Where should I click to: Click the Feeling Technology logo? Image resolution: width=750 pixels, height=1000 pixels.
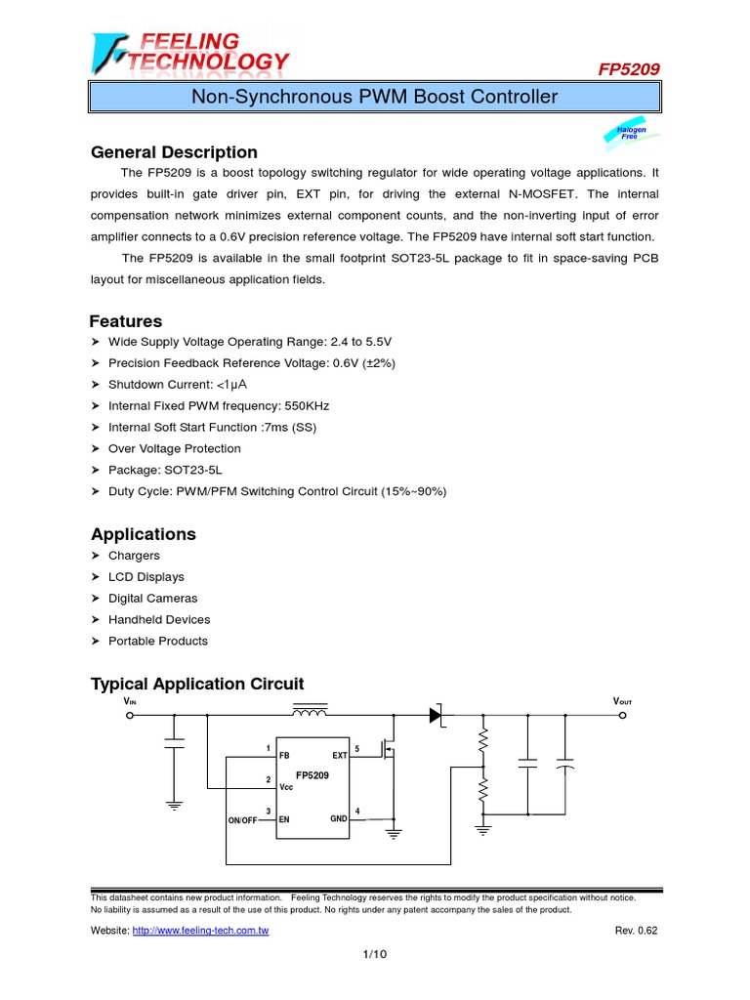190,53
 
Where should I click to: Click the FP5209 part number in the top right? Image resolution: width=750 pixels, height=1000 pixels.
628,69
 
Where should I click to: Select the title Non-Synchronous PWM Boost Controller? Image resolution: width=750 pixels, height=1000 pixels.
374,97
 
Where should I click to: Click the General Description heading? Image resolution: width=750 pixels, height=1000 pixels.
174,152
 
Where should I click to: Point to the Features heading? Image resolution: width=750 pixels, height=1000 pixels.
126,321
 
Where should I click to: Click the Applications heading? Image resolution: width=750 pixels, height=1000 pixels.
143,534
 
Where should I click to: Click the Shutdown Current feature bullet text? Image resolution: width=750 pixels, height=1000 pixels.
171,385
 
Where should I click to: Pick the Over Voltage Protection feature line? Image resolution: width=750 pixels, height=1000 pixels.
174,448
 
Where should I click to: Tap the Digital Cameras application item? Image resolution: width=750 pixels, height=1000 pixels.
152,598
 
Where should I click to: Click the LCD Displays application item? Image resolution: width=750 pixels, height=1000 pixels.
146,576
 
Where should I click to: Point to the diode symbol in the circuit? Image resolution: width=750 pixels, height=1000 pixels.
437,715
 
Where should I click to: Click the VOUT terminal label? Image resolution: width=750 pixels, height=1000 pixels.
622,701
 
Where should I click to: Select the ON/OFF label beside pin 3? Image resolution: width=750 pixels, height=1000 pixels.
242,820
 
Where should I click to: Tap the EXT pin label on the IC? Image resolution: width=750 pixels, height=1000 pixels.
339,756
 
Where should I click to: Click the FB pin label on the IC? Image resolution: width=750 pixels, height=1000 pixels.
284,756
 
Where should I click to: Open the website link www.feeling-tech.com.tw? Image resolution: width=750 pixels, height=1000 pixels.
200,931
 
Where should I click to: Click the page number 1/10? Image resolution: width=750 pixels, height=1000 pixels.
375,954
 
